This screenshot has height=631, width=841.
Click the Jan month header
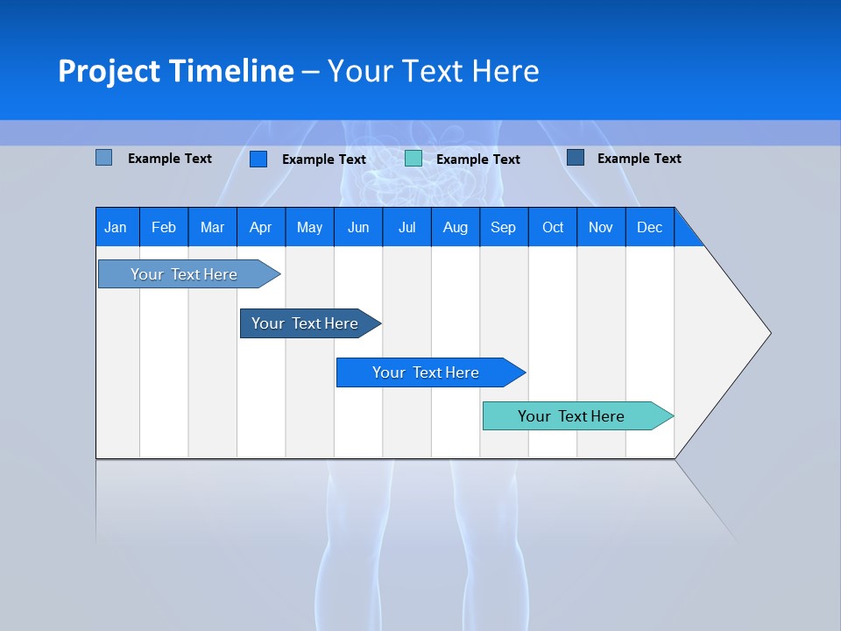tap(117, 228)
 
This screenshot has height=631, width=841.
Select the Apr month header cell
tap(261, 228)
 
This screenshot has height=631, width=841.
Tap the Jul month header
tap(407, 228)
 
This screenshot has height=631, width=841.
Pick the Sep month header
tap(504, 228)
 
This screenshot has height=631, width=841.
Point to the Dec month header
tap(650, 228)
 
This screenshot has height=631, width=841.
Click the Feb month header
tap(164, 228)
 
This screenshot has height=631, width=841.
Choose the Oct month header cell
tap(553, 228)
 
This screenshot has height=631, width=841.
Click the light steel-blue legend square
tap(104, 158)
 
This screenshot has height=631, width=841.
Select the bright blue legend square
tap(258, 159)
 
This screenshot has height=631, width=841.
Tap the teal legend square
tap(413, 159)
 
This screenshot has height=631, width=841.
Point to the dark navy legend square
tap(576, 158)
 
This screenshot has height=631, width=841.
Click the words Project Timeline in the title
tap(176, 71)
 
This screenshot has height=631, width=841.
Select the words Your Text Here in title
tap(434, 71)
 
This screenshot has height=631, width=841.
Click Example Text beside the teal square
tap(478, 160)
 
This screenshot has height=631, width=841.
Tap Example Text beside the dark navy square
tap(640, 159)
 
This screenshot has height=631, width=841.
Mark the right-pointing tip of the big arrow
tap(768, 333)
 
